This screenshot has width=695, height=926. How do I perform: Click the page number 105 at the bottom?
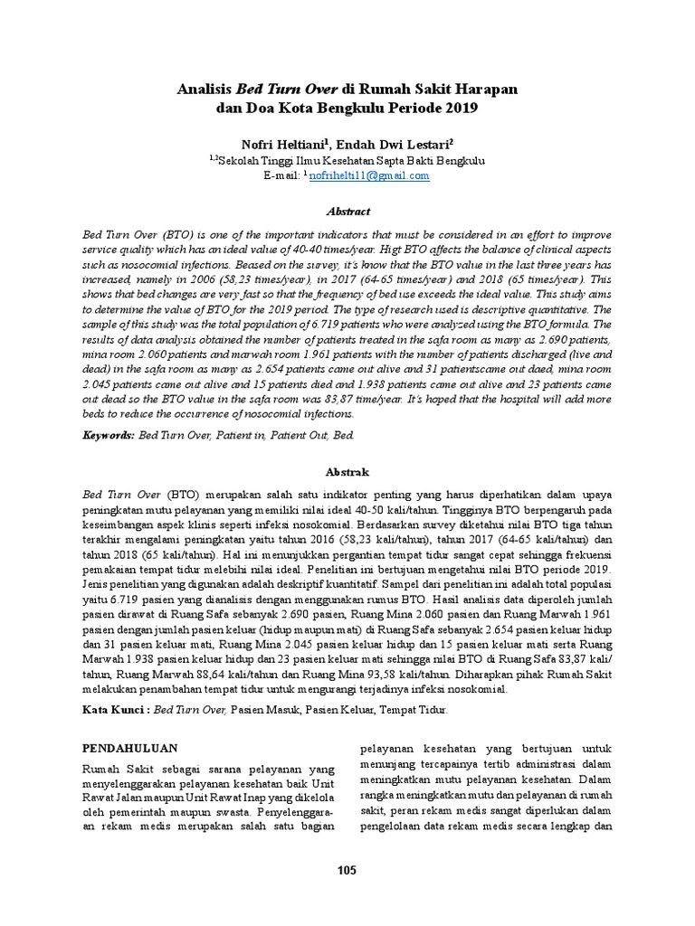pos(347,870)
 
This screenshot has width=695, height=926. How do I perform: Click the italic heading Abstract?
pos(347,212)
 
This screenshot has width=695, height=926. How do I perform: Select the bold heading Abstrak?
pos(347,471)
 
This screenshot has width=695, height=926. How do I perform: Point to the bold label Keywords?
pos(108,435)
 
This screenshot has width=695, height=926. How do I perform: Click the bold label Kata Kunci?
pos(115,712)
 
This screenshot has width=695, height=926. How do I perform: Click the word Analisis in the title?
pos(204,90)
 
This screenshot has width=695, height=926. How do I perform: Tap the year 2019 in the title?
pos(458,109)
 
